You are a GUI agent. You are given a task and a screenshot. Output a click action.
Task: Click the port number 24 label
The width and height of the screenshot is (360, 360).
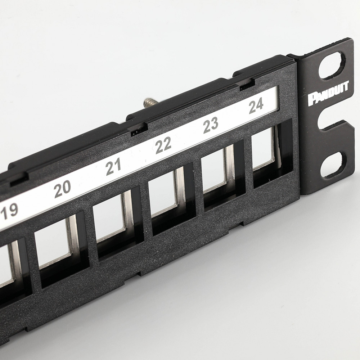256,107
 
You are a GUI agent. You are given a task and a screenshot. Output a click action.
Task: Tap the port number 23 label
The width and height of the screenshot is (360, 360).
211,125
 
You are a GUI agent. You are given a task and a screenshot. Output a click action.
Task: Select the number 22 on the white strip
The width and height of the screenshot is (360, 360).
163,145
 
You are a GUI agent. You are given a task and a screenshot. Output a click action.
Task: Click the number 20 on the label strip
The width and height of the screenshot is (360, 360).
62,189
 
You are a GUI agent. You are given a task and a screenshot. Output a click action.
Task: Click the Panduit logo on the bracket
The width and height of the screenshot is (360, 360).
328,93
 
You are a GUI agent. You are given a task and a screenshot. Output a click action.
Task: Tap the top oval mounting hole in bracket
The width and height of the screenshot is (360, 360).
330,66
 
